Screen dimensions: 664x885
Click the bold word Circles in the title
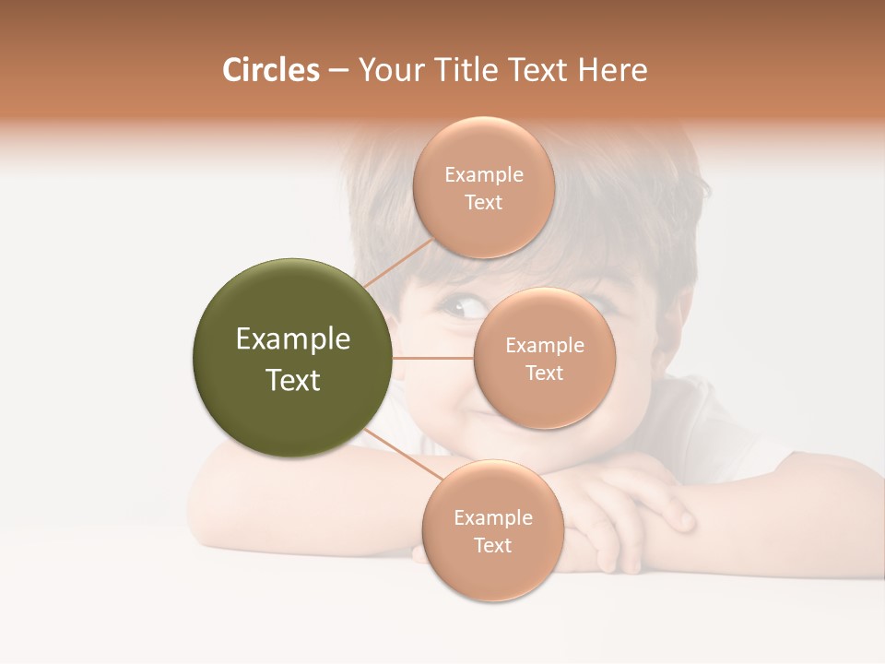270,70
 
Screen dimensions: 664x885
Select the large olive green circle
292,359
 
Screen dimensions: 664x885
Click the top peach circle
483,187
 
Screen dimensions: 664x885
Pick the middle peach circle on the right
544,358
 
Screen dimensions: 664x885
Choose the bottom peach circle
492,530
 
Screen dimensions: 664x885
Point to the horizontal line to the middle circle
433,358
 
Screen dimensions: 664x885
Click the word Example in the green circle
292,338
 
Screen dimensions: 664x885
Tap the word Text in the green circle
292,380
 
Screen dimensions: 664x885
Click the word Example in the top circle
483,174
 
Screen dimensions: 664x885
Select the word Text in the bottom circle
492,545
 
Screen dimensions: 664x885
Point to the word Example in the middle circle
544,345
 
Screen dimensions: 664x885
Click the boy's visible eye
458,306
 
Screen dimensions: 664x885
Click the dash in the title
337,71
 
